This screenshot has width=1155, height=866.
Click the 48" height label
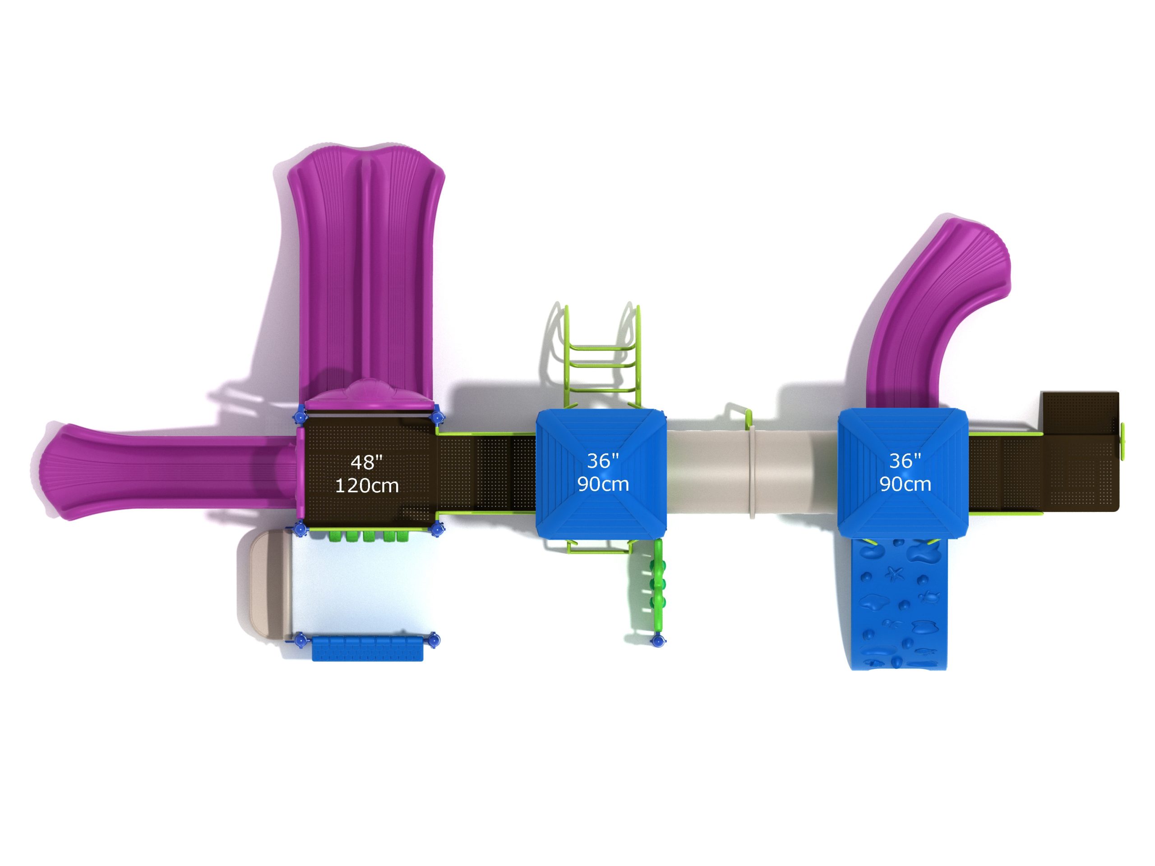tap(366, 462)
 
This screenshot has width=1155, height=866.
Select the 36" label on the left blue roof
tap(603, 461)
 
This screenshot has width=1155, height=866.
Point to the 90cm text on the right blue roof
tap(905, 484)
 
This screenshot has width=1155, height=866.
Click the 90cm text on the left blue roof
tap(603, 484)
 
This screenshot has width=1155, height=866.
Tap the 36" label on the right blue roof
tap(905, 461)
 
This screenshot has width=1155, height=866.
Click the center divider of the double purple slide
tap(366, 272)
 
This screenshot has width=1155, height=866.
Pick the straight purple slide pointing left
tap(167, 471)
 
